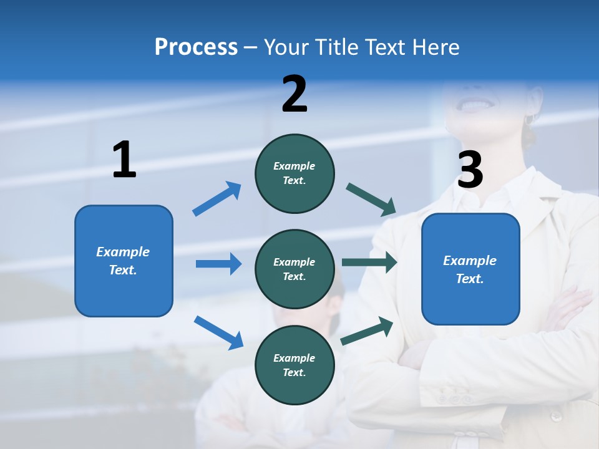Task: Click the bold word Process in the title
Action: tap(196, 47)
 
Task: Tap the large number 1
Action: tap(124, 160)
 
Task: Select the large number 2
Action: tap(295, 94)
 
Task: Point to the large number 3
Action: tap(470, 170)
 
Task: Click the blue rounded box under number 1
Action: tap(124, 261)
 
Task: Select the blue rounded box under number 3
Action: tap(470, 269)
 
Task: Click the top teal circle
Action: tap(295, 173)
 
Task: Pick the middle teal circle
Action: tap(295, 269)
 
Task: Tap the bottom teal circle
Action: tap(295, 365)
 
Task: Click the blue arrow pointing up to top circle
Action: tap(217, 199)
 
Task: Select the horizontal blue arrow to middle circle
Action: tap(218, 264)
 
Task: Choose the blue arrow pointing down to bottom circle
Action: tap(218, 332)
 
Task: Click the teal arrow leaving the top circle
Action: tap(371, 199)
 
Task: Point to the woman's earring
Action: tap(531, 118)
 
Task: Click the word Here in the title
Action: tap(437, 47)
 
